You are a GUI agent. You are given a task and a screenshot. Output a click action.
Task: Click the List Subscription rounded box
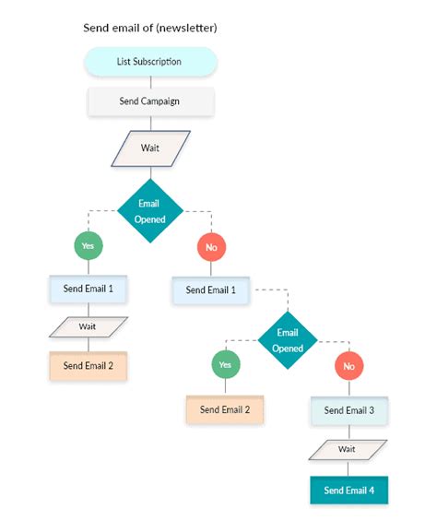coord(150,62)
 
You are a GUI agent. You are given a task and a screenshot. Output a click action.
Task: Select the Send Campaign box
coord(150,100)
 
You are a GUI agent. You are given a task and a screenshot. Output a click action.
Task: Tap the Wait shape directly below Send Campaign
coord(150,148)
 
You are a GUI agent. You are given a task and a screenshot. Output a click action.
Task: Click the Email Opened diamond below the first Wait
coord(150,211)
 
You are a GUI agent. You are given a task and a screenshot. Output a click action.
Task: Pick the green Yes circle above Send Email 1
coord(89,246)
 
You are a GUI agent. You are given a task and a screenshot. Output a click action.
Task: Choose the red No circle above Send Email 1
coord(211,247)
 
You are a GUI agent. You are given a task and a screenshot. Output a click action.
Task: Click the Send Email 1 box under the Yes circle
coord(89,289)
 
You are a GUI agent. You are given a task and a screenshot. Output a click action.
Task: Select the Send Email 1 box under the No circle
coord(211,290)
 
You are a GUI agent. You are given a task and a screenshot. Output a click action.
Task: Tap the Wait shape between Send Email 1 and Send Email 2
coord(89,326)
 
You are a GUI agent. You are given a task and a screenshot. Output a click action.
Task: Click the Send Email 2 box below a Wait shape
coord(89,366)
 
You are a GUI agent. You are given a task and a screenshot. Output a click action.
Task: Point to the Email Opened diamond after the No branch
coord(288,340)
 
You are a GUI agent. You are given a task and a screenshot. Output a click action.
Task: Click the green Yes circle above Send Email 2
coord(226,365)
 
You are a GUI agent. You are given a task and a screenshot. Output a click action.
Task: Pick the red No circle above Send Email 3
coord(348,366)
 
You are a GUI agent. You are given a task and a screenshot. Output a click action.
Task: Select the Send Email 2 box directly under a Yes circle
coord(226,409)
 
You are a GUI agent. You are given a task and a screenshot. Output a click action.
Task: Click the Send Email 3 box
coord(348,410)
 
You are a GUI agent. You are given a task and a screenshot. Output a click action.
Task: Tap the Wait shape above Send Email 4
coord(348,449)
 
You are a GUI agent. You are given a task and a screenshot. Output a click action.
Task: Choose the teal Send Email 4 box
coord(348,490)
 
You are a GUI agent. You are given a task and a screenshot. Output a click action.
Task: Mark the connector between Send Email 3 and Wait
coord(348,432)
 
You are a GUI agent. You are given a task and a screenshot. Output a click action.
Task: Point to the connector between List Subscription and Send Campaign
coord(150,81)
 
